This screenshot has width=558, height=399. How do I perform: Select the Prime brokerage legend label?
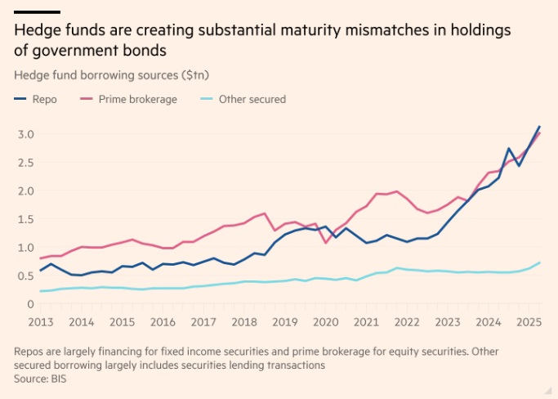coord(138,99)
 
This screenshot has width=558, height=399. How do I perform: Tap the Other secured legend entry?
coord(252,99)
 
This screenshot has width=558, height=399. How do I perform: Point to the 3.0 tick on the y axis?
coord(25,133)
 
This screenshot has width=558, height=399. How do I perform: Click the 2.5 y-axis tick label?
coord(25,162)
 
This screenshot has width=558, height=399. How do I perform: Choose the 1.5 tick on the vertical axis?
coord(25,219)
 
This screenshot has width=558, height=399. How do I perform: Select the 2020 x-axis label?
coord(327,322)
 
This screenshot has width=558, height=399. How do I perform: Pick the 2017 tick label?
coord(203,322)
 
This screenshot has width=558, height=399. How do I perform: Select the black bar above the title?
coord(37,11)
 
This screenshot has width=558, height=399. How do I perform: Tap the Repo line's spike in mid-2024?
coord(509,149)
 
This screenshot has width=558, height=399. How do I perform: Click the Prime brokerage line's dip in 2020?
coord(327,242)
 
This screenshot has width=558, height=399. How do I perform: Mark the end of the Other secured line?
coord(539,262)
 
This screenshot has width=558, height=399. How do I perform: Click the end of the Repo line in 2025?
coord(539,127)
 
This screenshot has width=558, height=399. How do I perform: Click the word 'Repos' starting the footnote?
coord(29,352)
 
